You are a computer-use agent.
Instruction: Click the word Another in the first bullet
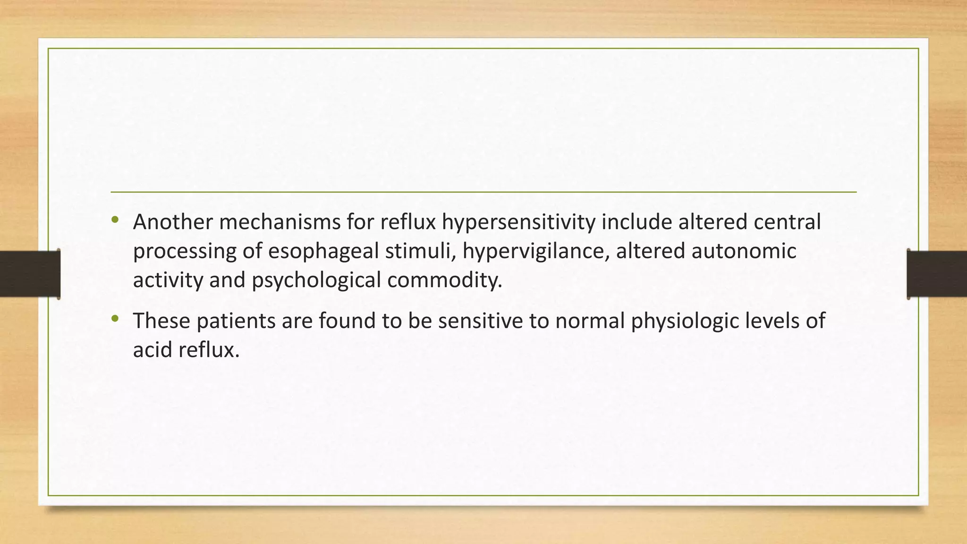pos(172,222)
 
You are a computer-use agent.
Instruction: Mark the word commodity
pos(445,280)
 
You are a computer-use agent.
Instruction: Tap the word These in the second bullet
pos(161,321)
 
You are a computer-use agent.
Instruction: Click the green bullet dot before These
pos(115,319)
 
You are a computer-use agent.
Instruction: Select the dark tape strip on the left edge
pos(30,274)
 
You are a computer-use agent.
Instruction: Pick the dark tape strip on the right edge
pos(937,274)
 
